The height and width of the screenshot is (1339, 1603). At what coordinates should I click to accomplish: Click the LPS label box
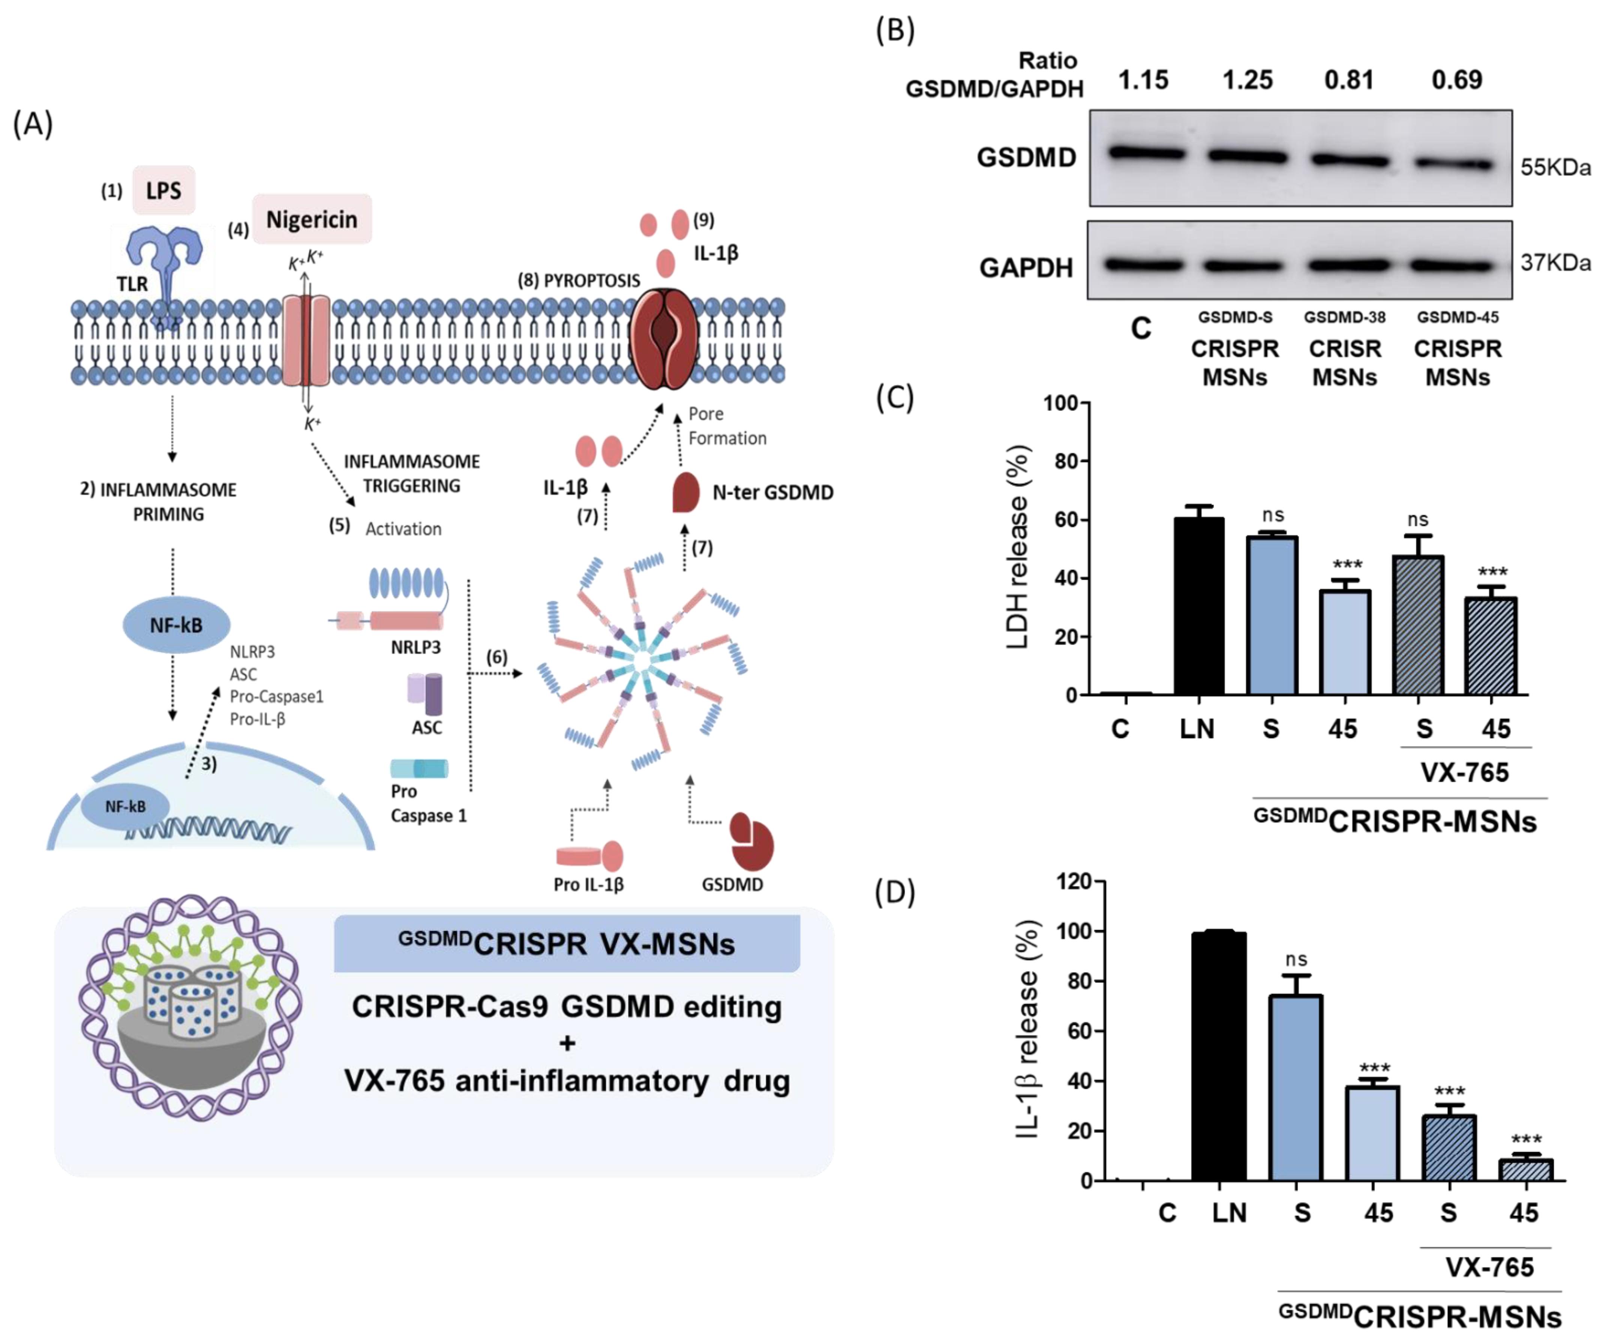pyautogui.click(x=163, y=190)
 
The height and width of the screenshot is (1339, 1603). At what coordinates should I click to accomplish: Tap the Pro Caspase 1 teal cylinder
pyautogui.click(x=419, y=768)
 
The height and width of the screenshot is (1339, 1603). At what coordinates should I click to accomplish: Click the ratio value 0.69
pyautogui.click(x=1456, y=80)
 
